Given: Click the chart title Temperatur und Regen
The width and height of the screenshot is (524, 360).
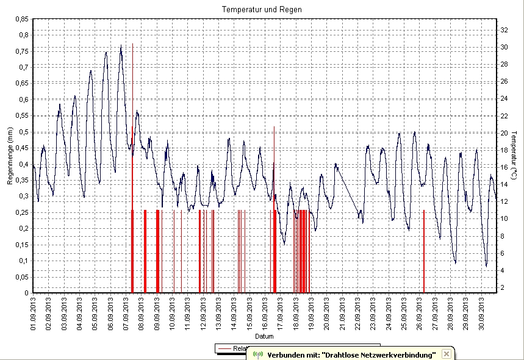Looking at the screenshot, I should [262, 10].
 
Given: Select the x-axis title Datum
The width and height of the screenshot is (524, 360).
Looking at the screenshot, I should [264, 336].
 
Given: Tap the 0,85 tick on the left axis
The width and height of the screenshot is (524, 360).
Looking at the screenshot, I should [20, 19].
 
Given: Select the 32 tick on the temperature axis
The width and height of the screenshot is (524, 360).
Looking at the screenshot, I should [504, 29].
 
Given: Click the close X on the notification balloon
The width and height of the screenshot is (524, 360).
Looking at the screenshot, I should [447, 354].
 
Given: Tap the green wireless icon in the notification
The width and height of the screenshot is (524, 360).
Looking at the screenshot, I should [257, 354].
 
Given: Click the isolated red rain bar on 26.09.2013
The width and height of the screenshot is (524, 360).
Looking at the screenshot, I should [424, 250].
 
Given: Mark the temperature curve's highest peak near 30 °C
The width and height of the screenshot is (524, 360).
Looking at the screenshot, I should [121, 46].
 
